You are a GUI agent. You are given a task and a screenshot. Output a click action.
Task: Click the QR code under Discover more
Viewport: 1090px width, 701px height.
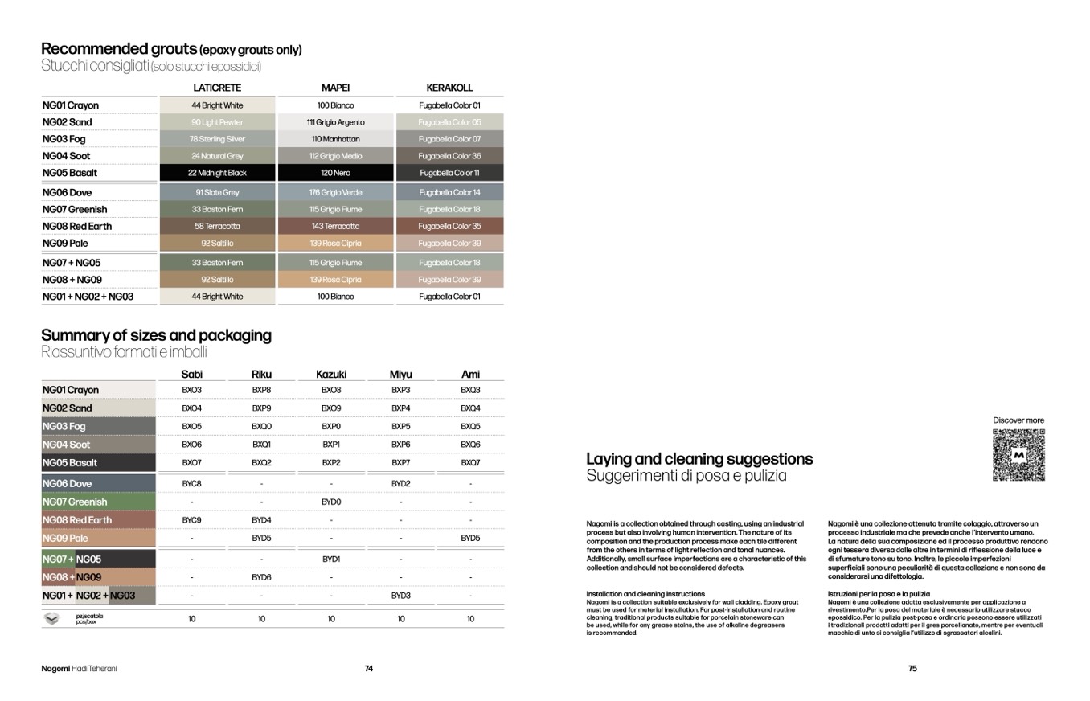(x=1018, y=455)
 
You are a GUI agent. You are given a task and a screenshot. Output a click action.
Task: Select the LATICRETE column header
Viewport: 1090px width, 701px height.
(x=217, y=88)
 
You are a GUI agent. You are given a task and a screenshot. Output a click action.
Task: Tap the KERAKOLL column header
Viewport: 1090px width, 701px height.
(x=449, y=88)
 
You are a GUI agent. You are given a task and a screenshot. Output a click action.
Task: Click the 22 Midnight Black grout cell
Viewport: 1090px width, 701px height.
(x=217, y=173)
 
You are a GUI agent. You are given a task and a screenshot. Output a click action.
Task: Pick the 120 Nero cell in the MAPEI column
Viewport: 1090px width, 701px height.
(x=335, y=173)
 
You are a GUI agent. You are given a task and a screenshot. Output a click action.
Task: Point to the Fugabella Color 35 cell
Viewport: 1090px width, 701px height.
(x=449, y=227)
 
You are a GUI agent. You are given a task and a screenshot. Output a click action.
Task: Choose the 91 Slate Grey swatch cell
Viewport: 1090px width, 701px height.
(x=217, y=193)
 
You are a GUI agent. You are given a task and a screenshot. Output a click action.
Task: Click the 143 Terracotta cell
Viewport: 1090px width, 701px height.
(x=335, y=227)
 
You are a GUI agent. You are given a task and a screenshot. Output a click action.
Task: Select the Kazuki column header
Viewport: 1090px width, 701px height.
(x=331, y=374)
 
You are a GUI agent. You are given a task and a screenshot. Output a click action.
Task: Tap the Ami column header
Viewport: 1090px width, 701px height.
(x=470, y=374)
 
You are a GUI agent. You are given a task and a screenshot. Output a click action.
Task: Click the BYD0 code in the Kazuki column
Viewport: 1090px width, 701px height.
(x=331, y=502)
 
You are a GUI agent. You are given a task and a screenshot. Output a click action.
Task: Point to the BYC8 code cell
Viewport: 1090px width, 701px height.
(x=191, y=484)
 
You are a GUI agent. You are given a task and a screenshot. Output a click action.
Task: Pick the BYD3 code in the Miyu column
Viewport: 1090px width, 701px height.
(x=400, y=596)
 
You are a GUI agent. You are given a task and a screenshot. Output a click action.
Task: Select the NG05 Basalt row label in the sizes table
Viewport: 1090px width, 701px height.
(x=70, y=463)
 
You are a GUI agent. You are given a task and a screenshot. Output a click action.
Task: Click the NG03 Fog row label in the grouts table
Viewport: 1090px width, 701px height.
(x=64, y=139)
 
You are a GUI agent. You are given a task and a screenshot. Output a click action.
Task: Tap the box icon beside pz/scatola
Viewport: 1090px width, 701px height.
(x=52, y=618)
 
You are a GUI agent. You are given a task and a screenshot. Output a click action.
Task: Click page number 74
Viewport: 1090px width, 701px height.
(x=369, y=669)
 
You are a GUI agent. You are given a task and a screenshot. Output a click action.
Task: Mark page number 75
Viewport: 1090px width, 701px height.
(x=912, y=669)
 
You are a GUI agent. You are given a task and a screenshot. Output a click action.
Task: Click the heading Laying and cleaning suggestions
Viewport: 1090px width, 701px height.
(x=699, y=459)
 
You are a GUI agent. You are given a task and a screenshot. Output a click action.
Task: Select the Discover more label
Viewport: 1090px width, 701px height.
(x=1018, y=420)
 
